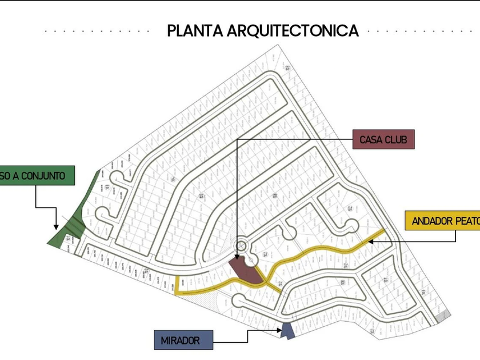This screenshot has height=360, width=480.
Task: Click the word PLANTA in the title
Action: pyautogui.click(x=195, y=30)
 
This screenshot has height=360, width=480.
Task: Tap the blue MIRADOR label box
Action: pyautogui.click(x=184, y=340)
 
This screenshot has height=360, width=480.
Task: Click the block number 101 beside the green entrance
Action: pyautogui.click(x=68, y=238)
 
